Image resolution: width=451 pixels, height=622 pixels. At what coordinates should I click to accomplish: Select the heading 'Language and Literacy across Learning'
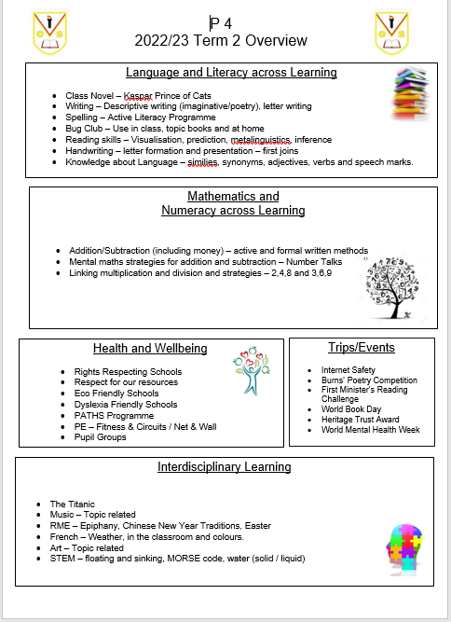pos(231,72)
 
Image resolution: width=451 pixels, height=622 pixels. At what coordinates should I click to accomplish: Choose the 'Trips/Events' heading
pos(362,348)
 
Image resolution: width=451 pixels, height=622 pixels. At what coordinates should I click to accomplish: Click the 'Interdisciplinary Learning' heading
pos(225,466)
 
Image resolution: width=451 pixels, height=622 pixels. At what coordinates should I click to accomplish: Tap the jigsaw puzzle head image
pos(403,562)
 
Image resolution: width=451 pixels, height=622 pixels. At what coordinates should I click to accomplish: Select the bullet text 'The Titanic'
pos(73,505)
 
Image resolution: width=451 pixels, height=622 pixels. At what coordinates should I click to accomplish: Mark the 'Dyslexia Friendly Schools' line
pos(125,405)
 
